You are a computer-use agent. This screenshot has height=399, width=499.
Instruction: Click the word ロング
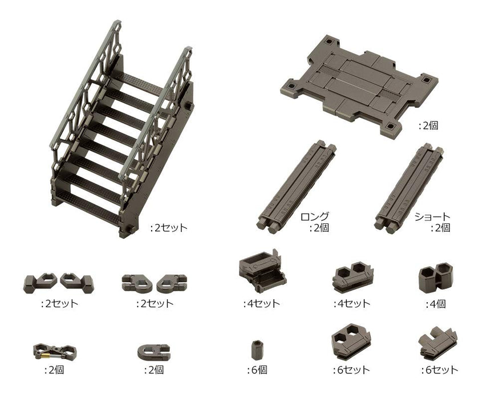pos(315,217)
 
